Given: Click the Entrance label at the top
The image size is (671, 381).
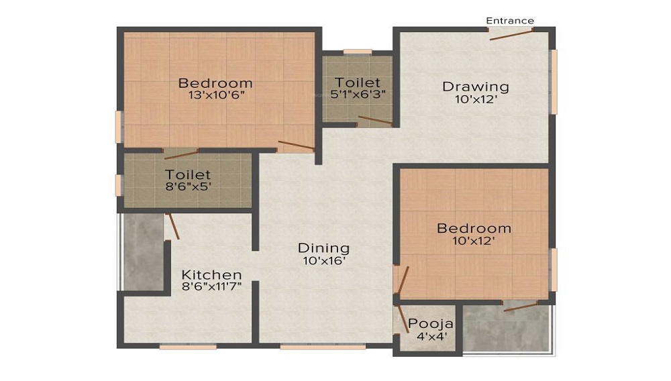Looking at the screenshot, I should (x=510, y=21).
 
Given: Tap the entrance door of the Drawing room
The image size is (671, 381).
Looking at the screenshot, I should (x=511, y=34).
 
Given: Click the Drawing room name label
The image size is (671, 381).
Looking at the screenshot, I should (x=475, y=87).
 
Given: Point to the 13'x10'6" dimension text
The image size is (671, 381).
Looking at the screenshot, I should (x=215, y=95).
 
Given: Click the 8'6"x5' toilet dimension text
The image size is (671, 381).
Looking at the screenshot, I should (x=188, y=186).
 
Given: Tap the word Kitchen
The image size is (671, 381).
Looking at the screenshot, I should (x=212, y=275).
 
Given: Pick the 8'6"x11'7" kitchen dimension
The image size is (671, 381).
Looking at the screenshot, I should (x=212, y=286).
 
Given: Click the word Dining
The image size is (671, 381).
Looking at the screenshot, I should (x=324, y=248).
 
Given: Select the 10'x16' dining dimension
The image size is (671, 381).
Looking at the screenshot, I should (x=324, y=260).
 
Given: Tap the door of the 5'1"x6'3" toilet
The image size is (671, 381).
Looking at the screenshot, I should (x=374, y=121).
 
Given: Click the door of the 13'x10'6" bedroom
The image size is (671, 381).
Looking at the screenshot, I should (x=296, y=146).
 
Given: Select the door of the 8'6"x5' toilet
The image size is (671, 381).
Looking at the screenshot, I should (x=181, y=154).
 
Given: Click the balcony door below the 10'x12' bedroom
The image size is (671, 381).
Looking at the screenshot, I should (x=520, y=306).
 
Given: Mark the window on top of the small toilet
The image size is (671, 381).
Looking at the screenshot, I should (x=357, y=52).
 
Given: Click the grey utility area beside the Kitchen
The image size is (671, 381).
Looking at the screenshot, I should (x=143, y=252).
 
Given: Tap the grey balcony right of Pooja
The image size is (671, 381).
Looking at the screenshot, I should (x=507, y=329).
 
